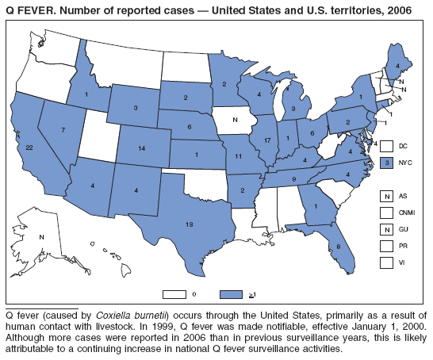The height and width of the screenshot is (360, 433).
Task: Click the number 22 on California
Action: point(29,147)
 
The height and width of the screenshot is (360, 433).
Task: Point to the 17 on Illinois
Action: point(266,140)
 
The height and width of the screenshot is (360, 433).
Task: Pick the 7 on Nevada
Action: point(62,129)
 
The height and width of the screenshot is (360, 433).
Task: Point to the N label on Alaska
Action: point(42,237)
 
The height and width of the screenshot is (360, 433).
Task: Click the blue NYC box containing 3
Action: point(387,163)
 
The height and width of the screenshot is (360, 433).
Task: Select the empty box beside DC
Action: point(387,146)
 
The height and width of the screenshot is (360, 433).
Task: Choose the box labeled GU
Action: point(387,230)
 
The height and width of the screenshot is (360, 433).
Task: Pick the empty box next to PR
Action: point(387,247)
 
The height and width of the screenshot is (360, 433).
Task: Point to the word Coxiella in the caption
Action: point(114,316)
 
